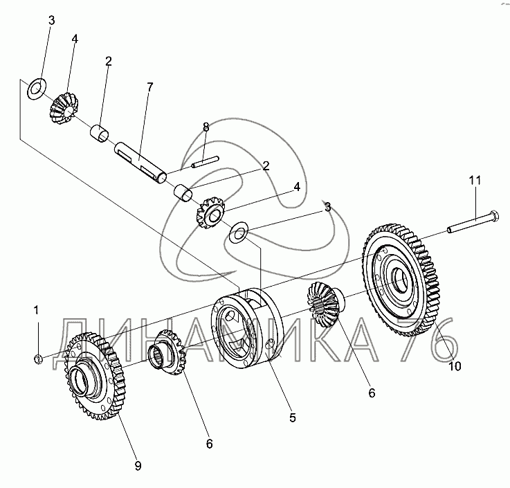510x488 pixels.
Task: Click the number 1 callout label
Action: [36, 310]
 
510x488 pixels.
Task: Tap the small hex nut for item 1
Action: [38, 359]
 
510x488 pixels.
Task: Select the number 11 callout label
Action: [475, 180]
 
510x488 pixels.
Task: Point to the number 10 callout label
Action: [455, 366]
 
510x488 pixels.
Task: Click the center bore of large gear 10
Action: [401, 280]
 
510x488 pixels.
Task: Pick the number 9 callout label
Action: [138, 466]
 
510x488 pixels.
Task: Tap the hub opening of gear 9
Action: [80, 379]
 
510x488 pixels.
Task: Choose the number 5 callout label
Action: [293, 417]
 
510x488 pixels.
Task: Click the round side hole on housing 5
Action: [269, 344]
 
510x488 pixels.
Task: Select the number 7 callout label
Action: [149, 87]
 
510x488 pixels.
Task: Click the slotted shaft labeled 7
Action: [140, 162]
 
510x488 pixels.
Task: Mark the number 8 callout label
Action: [206, 127]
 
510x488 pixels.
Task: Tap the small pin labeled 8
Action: [205, 162]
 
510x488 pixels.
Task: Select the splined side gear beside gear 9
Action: [167, 352]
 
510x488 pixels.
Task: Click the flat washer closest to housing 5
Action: [239, 233]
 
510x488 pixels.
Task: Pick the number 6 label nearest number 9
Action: [210, 444]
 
